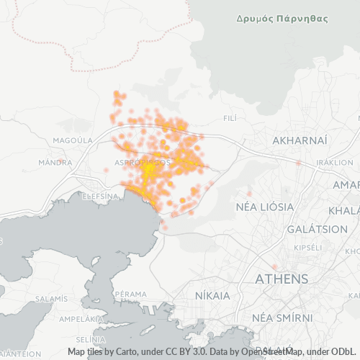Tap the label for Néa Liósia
[266, 207]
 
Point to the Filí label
[230, 117]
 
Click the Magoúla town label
[73, 140]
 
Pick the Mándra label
[55, 163]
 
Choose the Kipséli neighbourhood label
[308, 247]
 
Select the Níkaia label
[212, 296]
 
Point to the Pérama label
[130, 294]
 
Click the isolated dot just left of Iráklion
[298, 163]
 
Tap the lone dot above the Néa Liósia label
[249, 193]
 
